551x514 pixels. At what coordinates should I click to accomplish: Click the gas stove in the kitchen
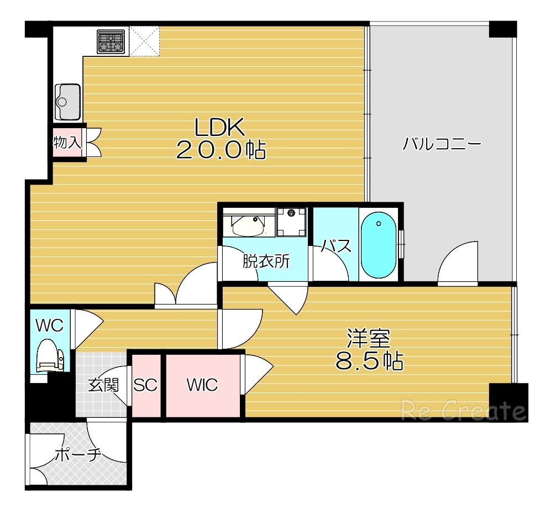(111, 41)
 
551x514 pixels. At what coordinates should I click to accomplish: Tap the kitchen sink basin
(68, 102)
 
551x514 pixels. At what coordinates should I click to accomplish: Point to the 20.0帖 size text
(221, 150)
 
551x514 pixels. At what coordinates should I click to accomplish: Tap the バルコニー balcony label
(442, 144)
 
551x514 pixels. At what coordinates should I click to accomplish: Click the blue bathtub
(379, 244)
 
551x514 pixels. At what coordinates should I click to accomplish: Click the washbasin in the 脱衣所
(248, 225)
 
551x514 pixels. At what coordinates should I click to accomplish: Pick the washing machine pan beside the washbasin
(291, 222)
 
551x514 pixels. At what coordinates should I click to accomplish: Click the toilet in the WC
(51, 355)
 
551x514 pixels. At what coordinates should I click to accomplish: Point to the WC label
(50, 326)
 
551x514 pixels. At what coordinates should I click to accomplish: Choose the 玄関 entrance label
(103, 385)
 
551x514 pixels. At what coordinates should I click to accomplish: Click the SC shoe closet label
(145, 385)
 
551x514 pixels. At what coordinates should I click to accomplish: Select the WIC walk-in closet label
(202, 385)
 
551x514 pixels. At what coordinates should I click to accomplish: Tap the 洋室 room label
(369, 338)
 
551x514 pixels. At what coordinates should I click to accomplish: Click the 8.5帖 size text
(369, 360)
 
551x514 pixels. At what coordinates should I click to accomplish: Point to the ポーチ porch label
(78, 455)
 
